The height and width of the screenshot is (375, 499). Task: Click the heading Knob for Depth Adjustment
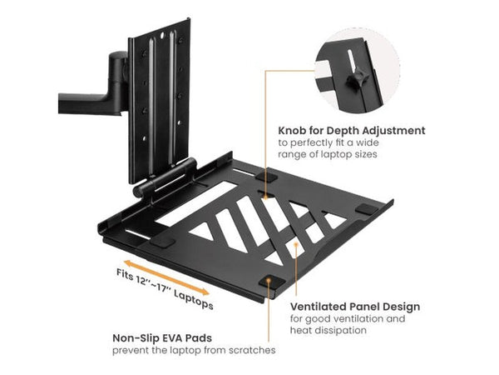(x=353, y=131)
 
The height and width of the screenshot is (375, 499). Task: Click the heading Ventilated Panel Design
(x=354, y=307)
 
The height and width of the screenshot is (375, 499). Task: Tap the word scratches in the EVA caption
(x=251, y=351)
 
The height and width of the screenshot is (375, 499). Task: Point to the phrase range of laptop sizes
(x=329, y=154)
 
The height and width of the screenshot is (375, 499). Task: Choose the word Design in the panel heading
(x=401, y=307)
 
